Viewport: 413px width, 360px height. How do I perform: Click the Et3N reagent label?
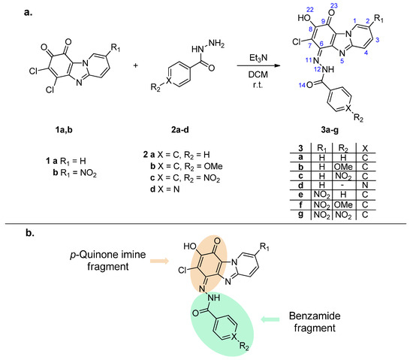pos(258,58)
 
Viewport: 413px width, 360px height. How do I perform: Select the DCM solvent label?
pos(258,75)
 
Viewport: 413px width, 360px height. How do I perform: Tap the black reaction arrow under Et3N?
pos(258,65)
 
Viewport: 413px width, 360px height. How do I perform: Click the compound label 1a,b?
pos(64,130)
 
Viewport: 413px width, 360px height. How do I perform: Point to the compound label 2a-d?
pos(180,130)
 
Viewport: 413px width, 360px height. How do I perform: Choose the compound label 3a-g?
pos(330,130)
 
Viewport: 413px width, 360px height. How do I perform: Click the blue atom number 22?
pos(310,10)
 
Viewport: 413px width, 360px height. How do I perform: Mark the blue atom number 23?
pos(333,5)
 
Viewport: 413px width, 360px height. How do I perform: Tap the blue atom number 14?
pos(302,85)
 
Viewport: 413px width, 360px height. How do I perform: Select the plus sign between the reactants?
pos(136,65)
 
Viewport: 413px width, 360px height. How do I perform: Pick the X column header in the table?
pos(365,148)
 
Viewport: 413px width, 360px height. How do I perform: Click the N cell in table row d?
pos(365,186)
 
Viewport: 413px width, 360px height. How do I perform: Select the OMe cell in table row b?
pos(343,167)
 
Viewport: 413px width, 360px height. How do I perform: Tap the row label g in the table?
pos(301,214)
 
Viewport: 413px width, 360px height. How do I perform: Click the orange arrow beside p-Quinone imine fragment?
pos(160,261)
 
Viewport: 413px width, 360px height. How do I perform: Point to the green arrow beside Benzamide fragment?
pos(270,319)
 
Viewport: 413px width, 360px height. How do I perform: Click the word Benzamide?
pos(315,316)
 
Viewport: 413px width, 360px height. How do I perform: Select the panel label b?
pos(30,233)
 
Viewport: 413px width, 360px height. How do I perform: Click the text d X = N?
pos(165,189)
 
